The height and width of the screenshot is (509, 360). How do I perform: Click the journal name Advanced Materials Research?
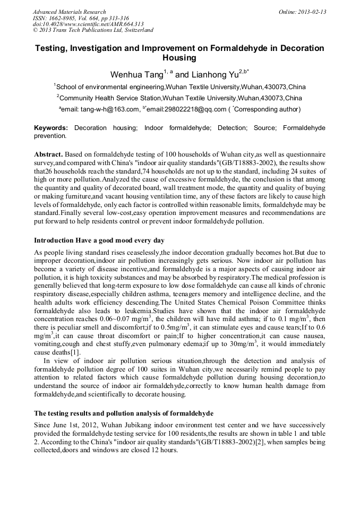coord(69,12)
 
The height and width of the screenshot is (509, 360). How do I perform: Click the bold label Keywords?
coord(51,128)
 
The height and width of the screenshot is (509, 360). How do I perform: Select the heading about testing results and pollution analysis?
coord(124,412)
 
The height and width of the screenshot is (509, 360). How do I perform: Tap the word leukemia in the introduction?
coord(111,310)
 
